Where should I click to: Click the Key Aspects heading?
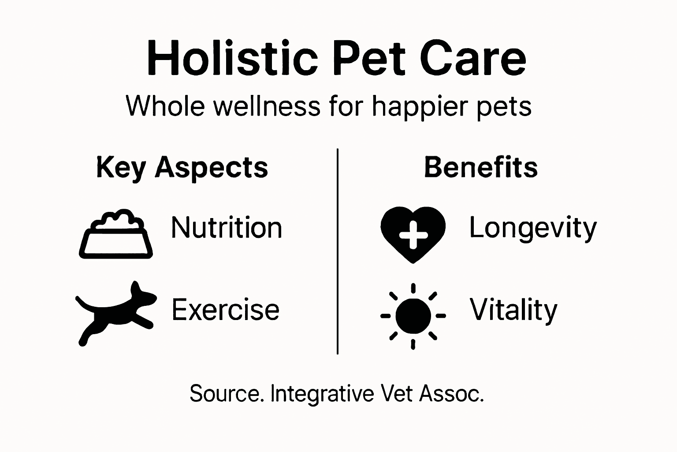point(182,168)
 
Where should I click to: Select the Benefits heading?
point(481,167)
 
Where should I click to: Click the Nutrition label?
point(227,228)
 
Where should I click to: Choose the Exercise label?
point(225,309)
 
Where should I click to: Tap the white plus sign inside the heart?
point(413,234)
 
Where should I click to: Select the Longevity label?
point(532,228)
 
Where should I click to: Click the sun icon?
point(413,316)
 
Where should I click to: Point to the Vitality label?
point(513,310)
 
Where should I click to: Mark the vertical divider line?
point(338,252)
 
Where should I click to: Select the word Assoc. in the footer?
point(451,393)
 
